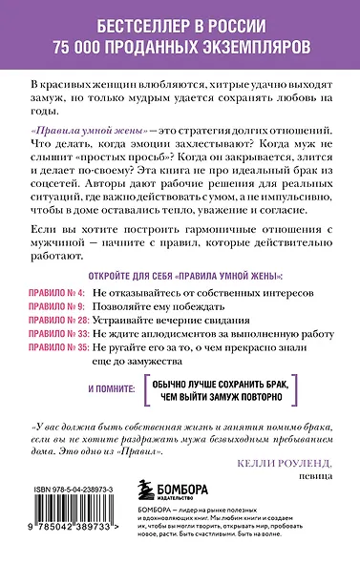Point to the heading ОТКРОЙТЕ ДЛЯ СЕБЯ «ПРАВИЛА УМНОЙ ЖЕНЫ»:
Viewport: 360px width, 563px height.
(180, 270)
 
